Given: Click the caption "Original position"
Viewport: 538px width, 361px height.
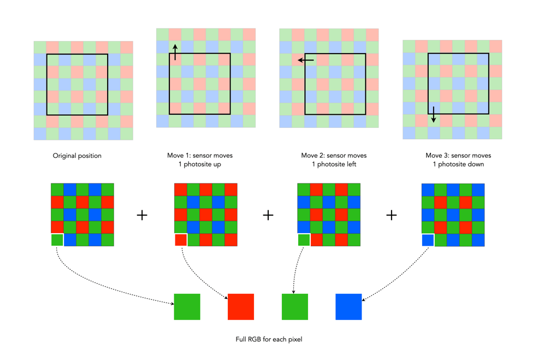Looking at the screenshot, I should [x=77, y=156].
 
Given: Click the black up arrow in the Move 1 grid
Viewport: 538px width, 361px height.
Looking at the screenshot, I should [x=175, y=52].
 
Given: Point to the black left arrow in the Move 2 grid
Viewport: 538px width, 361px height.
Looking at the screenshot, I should [x=305, y=60].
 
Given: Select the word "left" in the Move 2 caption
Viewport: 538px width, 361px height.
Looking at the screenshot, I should [x=349, y=164].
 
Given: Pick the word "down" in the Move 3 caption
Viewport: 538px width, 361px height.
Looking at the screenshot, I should [x=475, y=164].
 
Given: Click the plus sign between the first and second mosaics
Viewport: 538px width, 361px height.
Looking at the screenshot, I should [x=142, y=215].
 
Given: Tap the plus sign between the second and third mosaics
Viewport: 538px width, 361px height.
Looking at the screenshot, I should [x=268, y=215].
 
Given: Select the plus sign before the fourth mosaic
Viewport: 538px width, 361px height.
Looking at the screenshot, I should [x=392, y=215].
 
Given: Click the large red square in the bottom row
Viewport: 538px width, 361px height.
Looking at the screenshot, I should [x=241, y=307].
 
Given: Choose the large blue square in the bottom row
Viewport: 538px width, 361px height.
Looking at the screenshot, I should [x=348, y=307].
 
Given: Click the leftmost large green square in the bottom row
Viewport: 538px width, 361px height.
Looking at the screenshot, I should [x=187, y=307].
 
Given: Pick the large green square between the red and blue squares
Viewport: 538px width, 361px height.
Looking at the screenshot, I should [x=295, y=307].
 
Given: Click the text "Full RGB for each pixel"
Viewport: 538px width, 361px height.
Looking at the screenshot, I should [x=269, y=340].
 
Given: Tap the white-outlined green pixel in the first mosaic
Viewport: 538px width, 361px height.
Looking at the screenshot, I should [x=57, y=240].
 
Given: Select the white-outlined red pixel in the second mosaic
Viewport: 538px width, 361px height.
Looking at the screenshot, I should [x=181, y=240].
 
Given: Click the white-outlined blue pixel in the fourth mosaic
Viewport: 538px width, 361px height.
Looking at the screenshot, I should [x=428, y=240].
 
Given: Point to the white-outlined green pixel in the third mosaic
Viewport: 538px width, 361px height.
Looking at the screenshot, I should [x=304, y=240].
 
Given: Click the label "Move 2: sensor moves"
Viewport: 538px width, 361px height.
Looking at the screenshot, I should [x=334, y=156].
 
